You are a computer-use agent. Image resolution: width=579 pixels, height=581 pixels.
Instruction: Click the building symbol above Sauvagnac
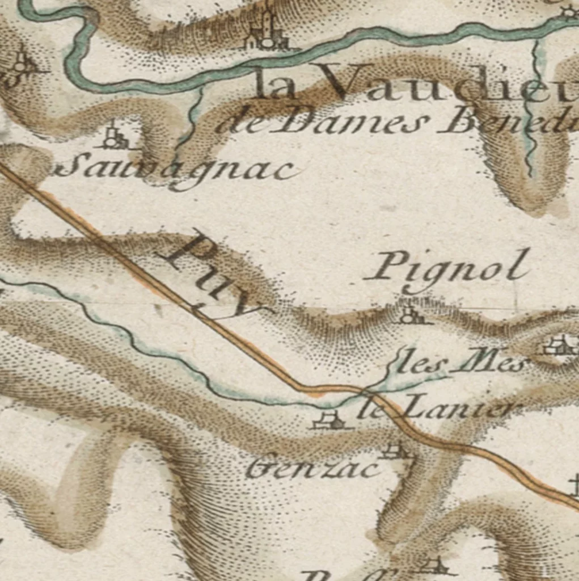114,138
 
